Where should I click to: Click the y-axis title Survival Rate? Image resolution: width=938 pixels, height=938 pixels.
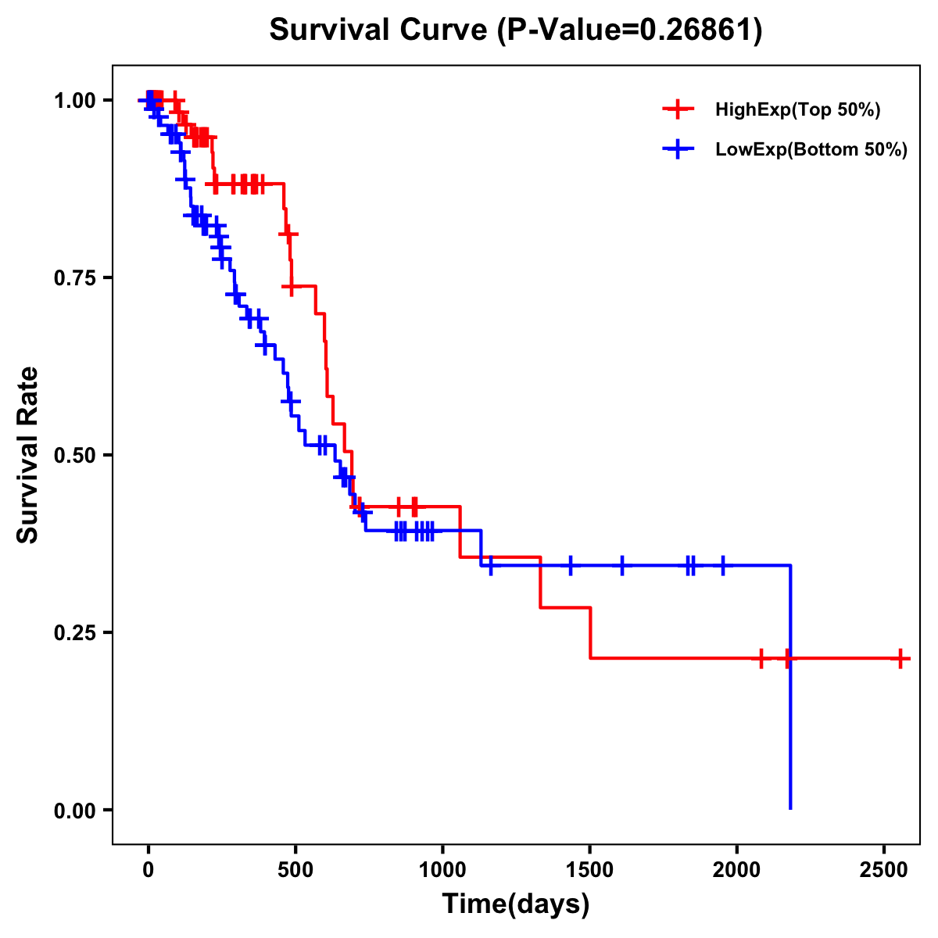point(28,454)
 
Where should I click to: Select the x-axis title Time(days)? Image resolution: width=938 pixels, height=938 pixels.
point(516,904)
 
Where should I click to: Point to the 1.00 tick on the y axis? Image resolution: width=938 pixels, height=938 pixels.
point(74,101)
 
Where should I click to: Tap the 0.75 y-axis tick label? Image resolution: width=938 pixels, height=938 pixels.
point(74,278)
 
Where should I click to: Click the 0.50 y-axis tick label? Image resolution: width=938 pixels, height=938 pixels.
point(74,456)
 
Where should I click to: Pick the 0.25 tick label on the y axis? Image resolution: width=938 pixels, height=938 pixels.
point(74,633)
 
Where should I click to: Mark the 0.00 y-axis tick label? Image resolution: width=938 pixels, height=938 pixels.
point(74,811)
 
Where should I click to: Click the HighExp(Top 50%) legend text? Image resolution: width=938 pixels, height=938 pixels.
point(798,110)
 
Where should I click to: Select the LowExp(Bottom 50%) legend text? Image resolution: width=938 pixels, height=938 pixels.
point(811,150)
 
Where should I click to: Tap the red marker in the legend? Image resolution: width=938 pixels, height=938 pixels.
point(678,109)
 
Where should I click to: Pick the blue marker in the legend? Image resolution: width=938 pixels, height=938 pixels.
point(678,149)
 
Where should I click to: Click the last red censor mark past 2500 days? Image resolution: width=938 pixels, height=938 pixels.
point(900,659)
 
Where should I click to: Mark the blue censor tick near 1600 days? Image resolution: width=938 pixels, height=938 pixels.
point(622,564)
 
